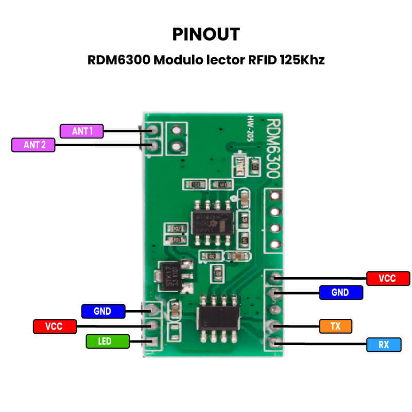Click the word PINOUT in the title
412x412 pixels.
coord(206,34)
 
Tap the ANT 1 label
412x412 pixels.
coord(82,131)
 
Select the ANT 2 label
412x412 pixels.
coord(34,145)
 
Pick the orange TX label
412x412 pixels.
coord(335,326)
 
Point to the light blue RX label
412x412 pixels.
coord(384,345)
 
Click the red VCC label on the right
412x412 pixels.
coord(387,279)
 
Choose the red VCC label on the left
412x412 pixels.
coord(54,326)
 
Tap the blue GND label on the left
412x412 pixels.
coord(103,311)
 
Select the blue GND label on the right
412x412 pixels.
coord(340,293)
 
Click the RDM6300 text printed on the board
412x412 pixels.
coord(273,147)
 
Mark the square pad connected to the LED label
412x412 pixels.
coord(152,341)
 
